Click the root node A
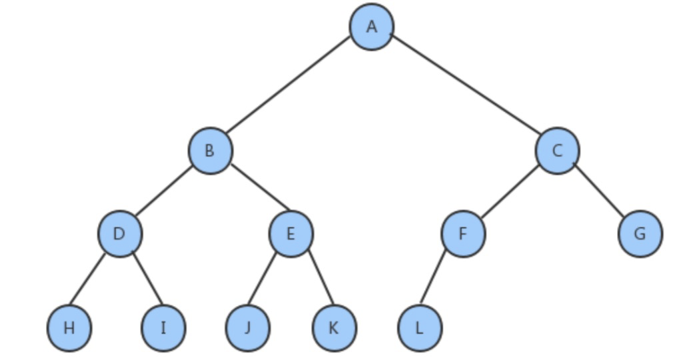point(372,27)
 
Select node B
point(210,151)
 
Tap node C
point(557,151)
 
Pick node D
point(120,234)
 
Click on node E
point(291,234)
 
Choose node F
point(463,234)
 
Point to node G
point(640,234)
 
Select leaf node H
point(69,328)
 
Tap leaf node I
point(163,328)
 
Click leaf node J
point(248,328)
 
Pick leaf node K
point(334,328)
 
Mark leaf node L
point(420,328)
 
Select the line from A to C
point(466,83)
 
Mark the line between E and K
point(320,279)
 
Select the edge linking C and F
point(509,193)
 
